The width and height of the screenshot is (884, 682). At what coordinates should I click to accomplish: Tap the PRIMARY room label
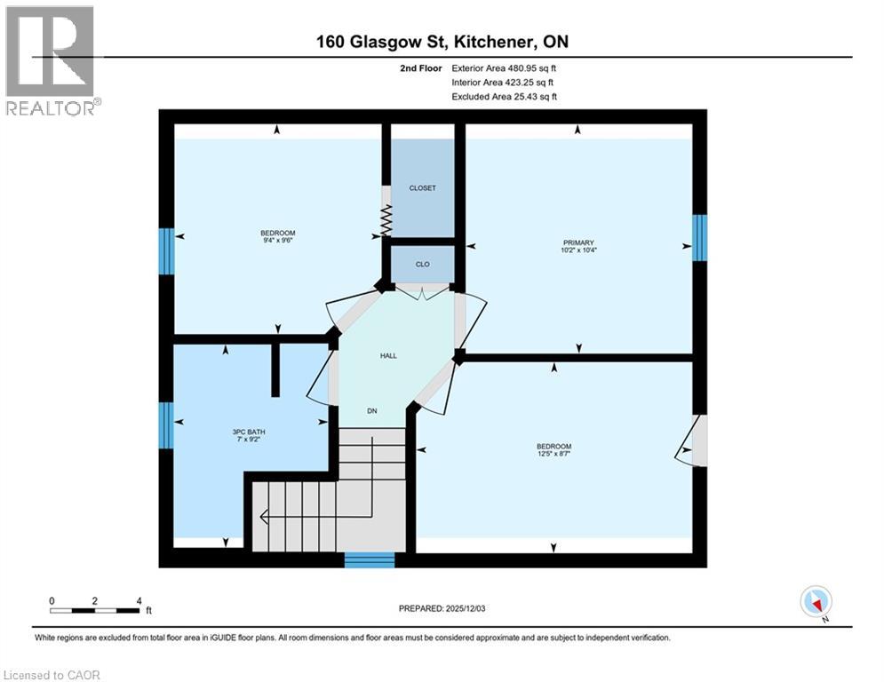pos(577,242)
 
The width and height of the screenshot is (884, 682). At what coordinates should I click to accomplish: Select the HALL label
pos(388,356)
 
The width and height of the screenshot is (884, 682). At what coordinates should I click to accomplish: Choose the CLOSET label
pos(423,188)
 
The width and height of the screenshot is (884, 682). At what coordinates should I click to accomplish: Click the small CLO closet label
pos(423,264)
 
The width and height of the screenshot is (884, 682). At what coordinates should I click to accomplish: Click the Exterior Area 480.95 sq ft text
pos(504,67)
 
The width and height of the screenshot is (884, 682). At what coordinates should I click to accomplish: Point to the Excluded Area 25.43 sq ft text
pos(504,97)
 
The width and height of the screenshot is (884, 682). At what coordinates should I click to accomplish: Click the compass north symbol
pos(815,601)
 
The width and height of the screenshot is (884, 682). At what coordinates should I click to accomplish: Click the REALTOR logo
pos(51,60)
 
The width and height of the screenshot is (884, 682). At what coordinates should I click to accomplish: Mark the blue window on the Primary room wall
pos(699,237)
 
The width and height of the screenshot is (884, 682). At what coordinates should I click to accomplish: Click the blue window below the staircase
pos(369,559)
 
